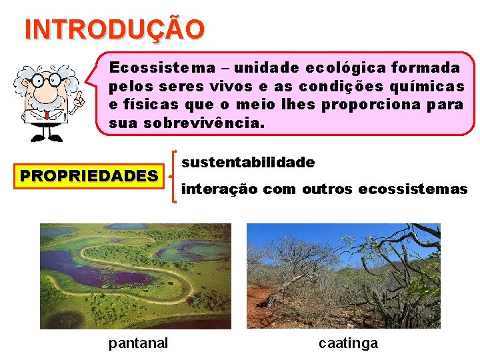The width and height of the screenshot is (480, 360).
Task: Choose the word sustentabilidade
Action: click(x=248, y=162)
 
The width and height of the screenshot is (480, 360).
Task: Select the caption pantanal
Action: click(x=138, y=343)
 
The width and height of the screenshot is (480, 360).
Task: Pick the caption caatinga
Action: click(x=348, y=343)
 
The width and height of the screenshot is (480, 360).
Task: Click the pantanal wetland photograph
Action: click(x=135, y=275)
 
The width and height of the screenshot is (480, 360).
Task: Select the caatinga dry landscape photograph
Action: click(x=343, y=275)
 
